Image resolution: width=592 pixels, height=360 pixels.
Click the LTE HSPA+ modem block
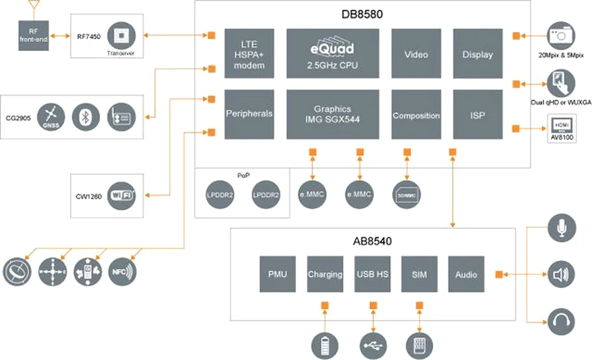[249, 53]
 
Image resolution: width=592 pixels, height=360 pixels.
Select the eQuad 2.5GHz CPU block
[332, 53]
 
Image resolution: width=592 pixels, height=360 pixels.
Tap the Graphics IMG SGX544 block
[332, 114]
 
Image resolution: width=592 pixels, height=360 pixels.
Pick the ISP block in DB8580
[477, 114]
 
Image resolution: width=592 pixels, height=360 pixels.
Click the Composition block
[416, 114]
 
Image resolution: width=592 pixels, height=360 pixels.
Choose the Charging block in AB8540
[325, 274]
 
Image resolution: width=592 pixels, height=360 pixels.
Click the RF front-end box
[33, 35]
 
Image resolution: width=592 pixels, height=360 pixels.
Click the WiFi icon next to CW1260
[121, 195]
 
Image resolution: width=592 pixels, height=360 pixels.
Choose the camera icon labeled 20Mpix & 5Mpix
[561, 35]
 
